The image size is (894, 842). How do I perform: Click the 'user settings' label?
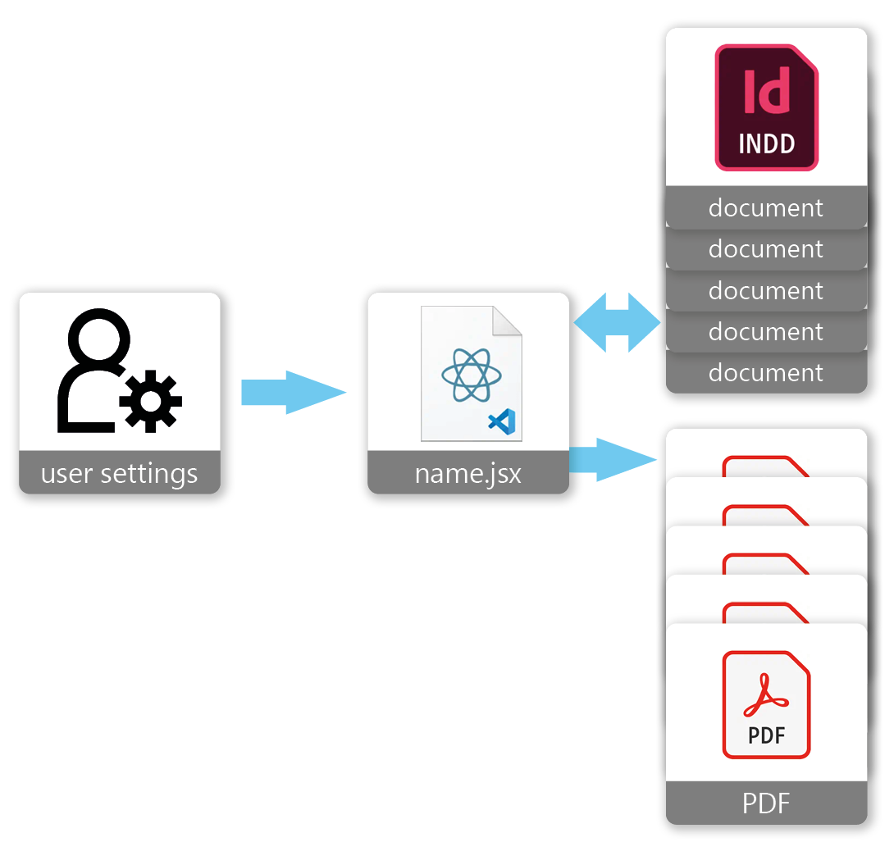pos(119,473)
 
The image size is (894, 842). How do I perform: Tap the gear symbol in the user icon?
pos(151,401)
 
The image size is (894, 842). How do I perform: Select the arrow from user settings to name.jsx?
pos(293,393)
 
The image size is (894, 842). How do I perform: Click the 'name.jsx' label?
pos(468,473)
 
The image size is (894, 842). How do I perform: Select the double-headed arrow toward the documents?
pos(617,323)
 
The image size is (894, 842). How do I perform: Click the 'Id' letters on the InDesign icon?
pos(766,90)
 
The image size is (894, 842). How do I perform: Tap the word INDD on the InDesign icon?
pos(766,144)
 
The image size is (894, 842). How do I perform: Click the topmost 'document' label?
pos(765,207)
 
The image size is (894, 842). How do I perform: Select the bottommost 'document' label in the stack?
pos(765,373)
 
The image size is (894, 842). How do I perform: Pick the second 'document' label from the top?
pos(765,248)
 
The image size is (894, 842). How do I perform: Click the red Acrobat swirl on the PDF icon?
pos(766,697)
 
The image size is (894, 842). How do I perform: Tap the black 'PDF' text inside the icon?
pos(766,735)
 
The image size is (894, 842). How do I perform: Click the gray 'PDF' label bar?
pos(765,803)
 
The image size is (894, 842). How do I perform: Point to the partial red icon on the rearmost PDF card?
pos(765,466)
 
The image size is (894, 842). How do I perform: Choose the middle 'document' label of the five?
pos(765,290)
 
